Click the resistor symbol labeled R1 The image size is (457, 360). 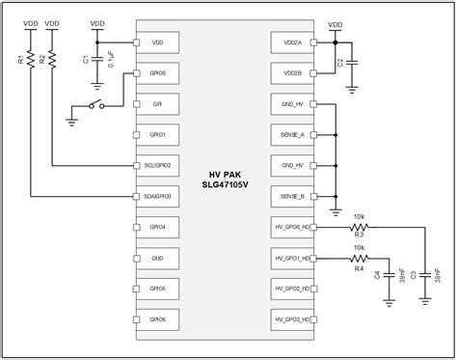[x=31, y=60]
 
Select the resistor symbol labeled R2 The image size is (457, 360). [x=52, y=60]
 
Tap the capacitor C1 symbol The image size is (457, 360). [x=98, y=59]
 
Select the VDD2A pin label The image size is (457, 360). [x=293, y=42]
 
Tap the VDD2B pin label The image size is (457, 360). [x=293, y=73]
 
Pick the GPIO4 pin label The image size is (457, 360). [x=157, y=227]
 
